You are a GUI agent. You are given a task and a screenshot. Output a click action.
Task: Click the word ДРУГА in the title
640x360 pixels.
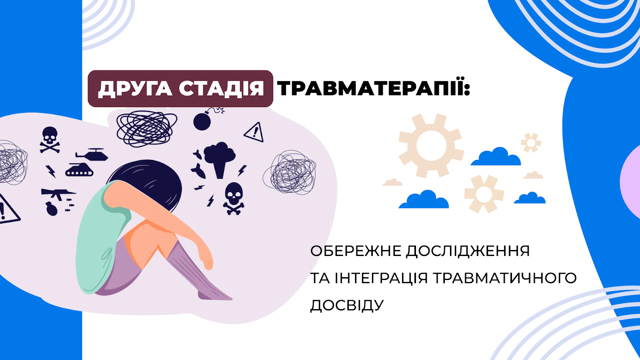(x=135, y=88)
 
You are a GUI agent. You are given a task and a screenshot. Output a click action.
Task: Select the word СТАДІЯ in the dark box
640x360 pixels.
(x=222, y=88)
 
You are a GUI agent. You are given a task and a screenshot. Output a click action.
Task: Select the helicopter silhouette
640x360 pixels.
(x=92, y=154)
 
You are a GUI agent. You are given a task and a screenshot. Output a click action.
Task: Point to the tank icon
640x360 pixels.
(x=79, y=170)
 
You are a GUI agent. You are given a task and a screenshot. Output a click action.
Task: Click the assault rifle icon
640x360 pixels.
(x=58, y=194)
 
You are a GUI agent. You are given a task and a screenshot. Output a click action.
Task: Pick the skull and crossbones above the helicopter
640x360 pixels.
(x=50, y=140)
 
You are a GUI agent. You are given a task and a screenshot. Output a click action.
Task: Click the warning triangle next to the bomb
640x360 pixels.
(x=254, y=132)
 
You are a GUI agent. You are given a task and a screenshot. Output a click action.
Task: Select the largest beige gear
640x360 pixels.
(x=431, y=146)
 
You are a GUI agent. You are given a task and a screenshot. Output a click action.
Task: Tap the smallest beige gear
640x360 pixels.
(x=531, y=142)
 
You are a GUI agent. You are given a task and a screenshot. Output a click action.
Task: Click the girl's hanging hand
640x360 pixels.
(x=206, y=258)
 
